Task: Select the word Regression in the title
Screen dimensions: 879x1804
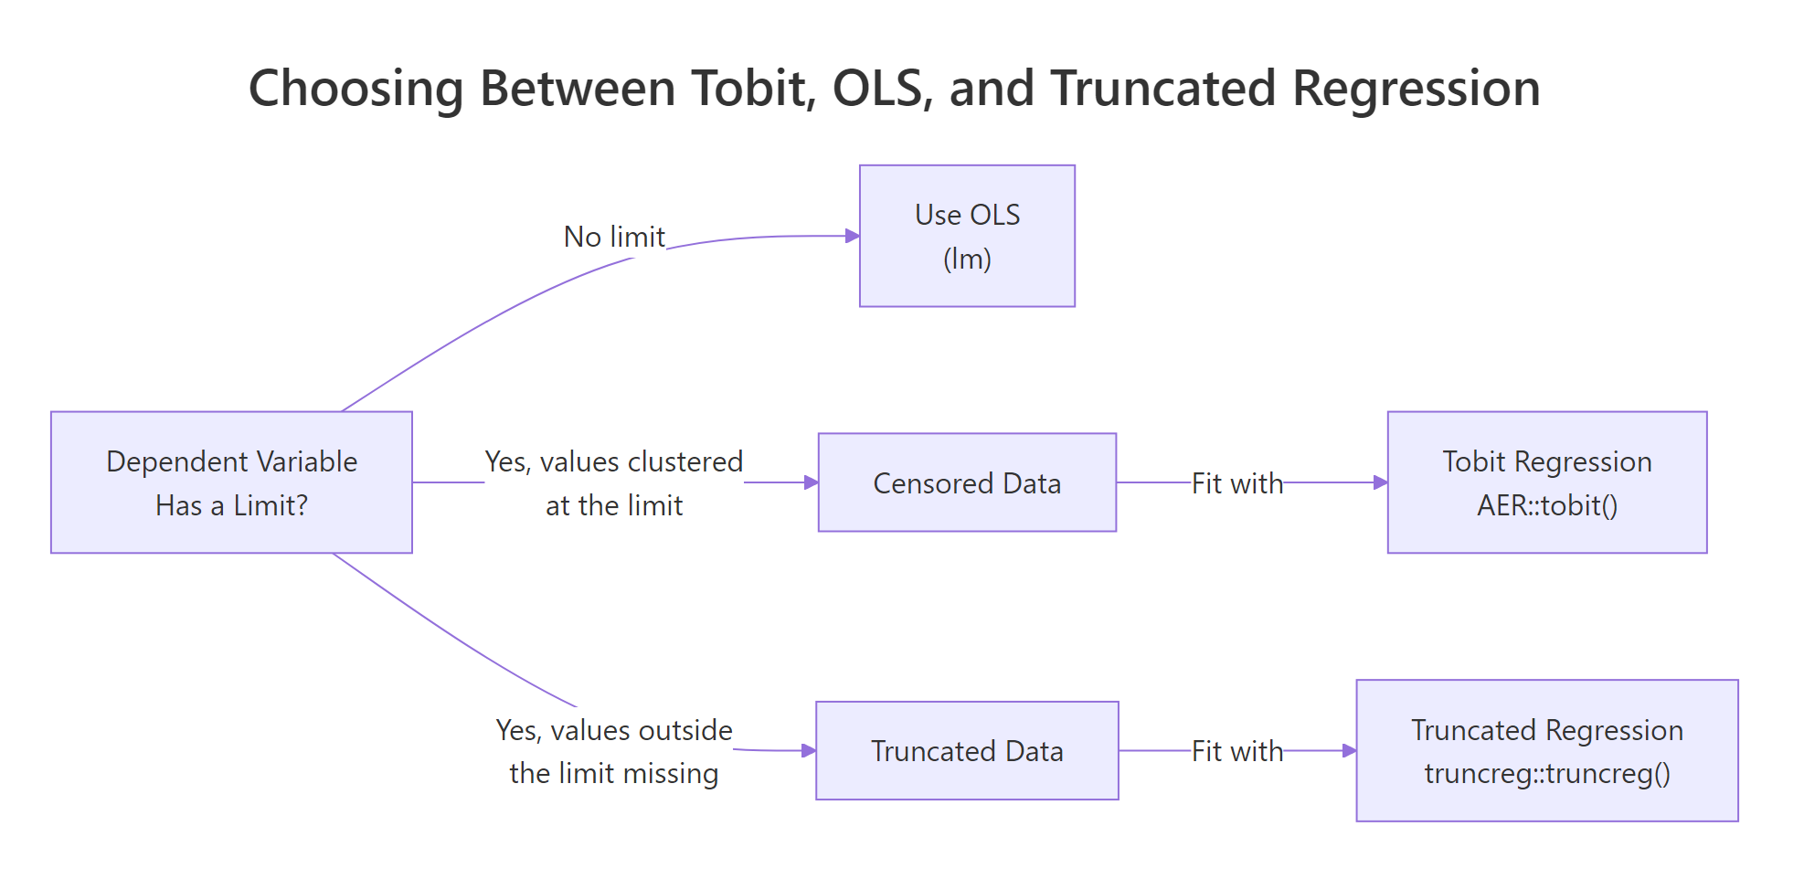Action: [1416, 89]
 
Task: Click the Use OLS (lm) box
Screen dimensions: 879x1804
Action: [967, 236]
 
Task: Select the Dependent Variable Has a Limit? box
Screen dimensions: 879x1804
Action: [231, 482]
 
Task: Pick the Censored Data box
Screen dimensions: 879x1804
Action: [967, 482]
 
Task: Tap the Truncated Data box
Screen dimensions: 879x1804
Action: [967, 751]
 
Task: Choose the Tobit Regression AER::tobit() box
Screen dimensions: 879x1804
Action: [1546, 482]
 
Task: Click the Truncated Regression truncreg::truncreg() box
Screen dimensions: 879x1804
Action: [1546, 751]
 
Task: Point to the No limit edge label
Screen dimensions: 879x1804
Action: [614, 237]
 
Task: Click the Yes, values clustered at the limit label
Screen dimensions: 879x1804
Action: [614, 482]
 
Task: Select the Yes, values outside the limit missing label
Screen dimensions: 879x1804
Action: [614, 751]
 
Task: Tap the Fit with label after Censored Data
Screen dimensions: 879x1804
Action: [1237, 483]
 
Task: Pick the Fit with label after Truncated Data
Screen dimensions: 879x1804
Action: [1237, 751]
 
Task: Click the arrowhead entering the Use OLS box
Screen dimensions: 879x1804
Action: [853, 236]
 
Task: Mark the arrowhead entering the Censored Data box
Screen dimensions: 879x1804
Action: [811, 482]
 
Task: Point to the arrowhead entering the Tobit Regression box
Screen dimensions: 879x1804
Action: [1380, 482]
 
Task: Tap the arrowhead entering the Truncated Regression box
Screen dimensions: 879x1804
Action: [1349, 751]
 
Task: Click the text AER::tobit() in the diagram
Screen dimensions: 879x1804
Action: [1546, 505]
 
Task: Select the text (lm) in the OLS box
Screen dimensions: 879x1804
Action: [967, 259]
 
